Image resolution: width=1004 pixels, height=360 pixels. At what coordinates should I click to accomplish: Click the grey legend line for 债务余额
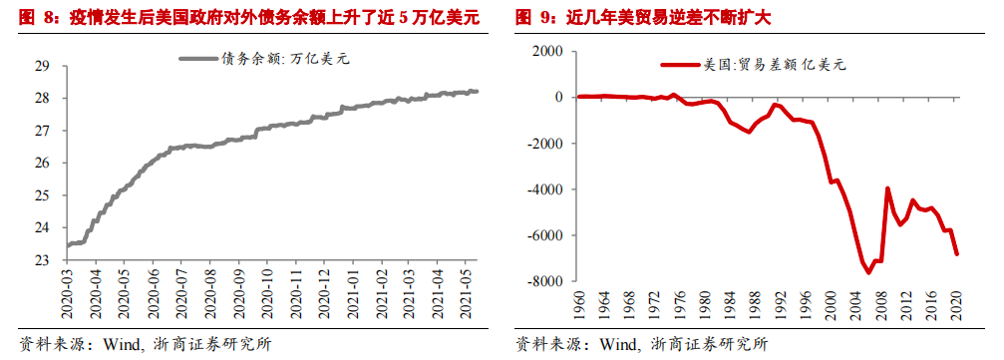pyautogui.click(x=198, y=59)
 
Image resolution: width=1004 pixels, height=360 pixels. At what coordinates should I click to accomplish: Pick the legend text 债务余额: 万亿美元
pyautogui.click(x=285, y=59)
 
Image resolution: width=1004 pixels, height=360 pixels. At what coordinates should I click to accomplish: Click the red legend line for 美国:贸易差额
pyautogui.click(x=680, y=64)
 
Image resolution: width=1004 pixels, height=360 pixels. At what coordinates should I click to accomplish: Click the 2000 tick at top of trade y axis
pyautogui.click(x=549, y=51)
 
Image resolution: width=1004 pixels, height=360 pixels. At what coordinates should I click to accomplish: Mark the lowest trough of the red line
pyautogui.click(x=868, y=273)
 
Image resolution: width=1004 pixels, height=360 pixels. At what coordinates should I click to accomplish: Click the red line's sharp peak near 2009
pyautogui.click(x=887, y=187)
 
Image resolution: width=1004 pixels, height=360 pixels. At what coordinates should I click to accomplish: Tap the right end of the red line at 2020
pyautogui.click(x=956, y=254)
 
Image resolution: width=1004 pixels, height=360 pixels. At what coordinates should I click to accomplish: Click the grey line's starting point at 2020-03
pyautogui.click(x=67, y=244)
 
